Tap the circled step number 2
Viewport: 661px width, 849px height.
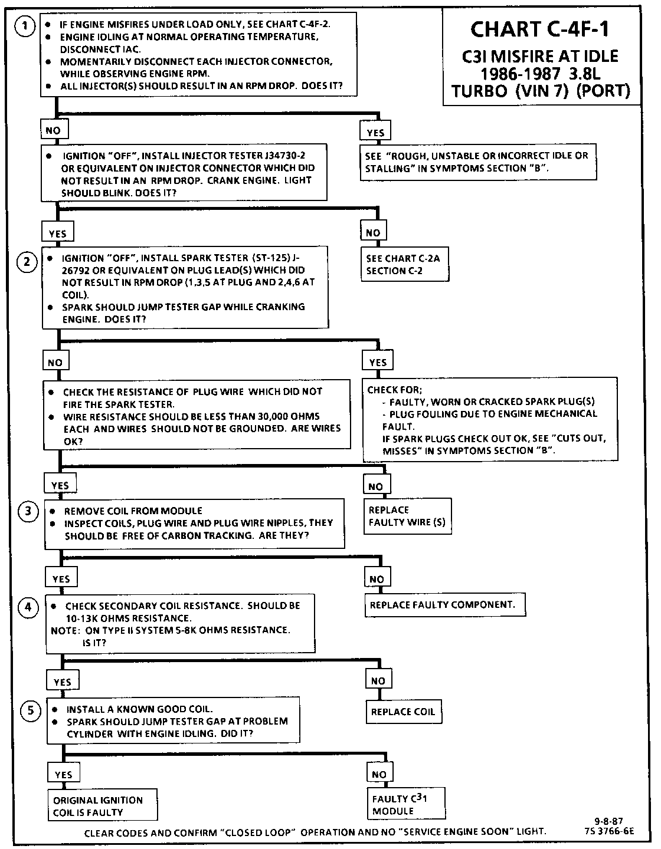pyautogui.click(x=27, y=261)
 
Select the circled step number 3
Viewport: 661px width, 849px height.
pyautogui.click(x=28, y=511)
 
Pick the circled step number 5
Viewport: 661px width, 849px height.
pyautogui.click(x=31, y=710)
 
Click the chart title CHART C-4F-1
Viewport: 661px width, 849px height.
pyautogui.click(x=540, y=29)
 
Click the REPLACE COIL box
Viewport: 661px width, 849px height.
pyautogui.click(x=403, y=712)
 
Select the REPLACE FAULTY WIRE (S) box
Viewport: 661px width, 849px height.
pyautogui.click(x=407, y=516)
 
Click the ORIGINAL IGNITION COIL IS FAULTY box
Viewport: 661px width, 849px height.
pyautogui.click(x=102, y=806)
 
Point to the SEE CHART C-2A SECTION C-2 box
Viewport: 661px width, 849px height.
pyautogui.click(x=403, y=265)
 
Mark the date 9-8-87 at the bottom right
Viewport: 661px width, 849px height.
pyautogui.click(x=609, y=821)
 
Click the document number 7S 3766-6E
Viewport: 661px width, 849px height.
pyautogui.click(x=612, y=831)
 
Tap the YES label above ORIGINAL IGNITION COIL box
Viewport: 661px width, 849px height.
pyautogui.click(x=63, y=775)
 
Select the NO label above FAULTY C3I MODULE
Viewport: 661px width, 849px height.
pyautogui.click(x=379, y=774)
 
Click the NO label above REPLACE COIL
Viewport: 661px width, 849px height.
pyautogui.click(x=378, y=681)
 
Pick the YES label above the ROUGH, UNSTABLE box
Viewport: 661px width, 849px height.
pyautogui.click(x=375, y=133)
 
